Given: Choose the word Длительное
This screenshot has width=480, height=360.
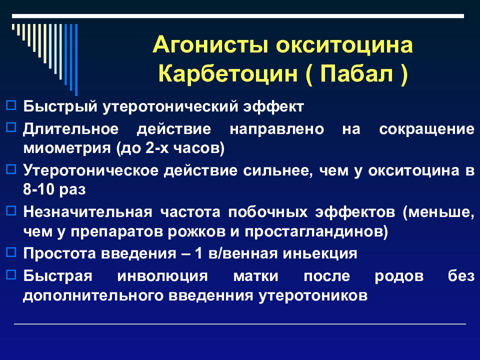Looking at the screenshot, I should coord(70,128).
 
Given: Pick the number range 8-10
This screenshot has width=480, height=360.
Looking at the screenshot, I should coord(39,190).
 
